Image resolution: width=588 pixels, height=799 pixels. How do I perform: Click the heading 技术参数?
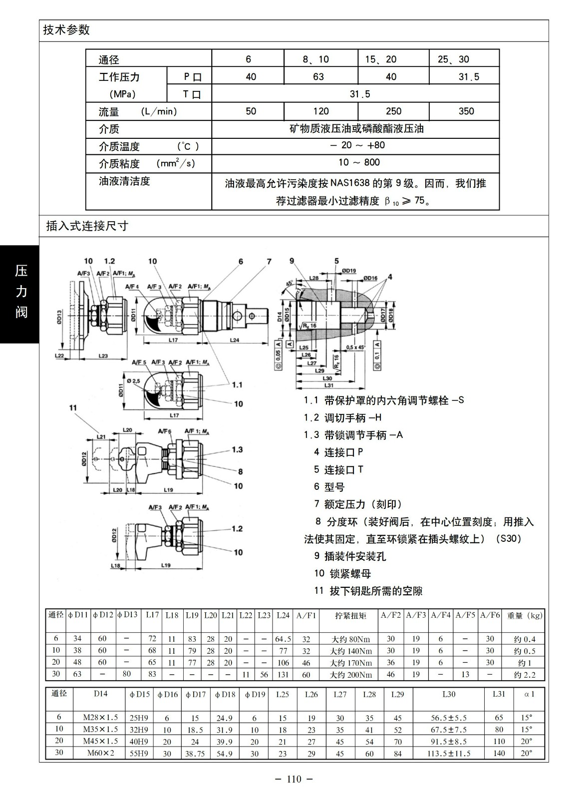click(x=66, y=30)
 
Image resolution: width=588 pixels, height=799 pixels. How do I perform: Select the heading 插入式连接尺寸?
click(x=87, y=226)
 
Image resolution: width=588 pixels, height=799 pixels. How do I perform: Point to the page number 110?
click(x=294, y=779)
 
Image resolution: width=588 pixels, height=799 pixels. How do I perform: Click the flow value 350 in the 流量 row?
click(x=466, y=111)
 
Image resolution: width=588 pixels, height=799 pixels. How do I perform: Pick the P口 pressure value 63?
click(x=318, y=77)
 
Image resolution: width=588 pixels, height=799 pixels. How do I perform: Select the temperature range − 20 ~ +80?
click(x=357, y=145)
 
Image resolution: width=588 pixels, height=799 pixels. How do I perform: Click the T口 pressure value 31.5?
click(x=359, y=94)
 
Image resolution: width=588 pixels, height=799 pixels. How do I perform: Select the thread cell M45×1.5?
click(x=100, y=741)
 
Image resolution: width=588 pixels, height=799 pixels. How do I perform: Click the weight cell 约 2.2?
click(x=525, y=675)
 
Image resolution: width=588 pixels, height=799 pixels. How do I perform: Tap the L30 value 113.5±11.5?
click(x=449, y=754)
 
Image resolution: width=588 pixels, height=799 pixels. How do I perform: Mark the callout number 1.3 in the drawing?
click(x=237, y=449)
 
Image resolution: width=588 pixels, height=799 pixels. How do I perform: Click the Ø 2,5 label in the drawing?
click(x=135, y=381)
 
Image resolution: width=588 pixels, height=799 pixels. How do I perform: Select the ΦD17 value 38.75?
click(x=195, y=754)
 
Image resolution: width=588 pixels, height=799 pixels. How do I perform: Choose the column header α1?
click(x=529, y=694)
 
